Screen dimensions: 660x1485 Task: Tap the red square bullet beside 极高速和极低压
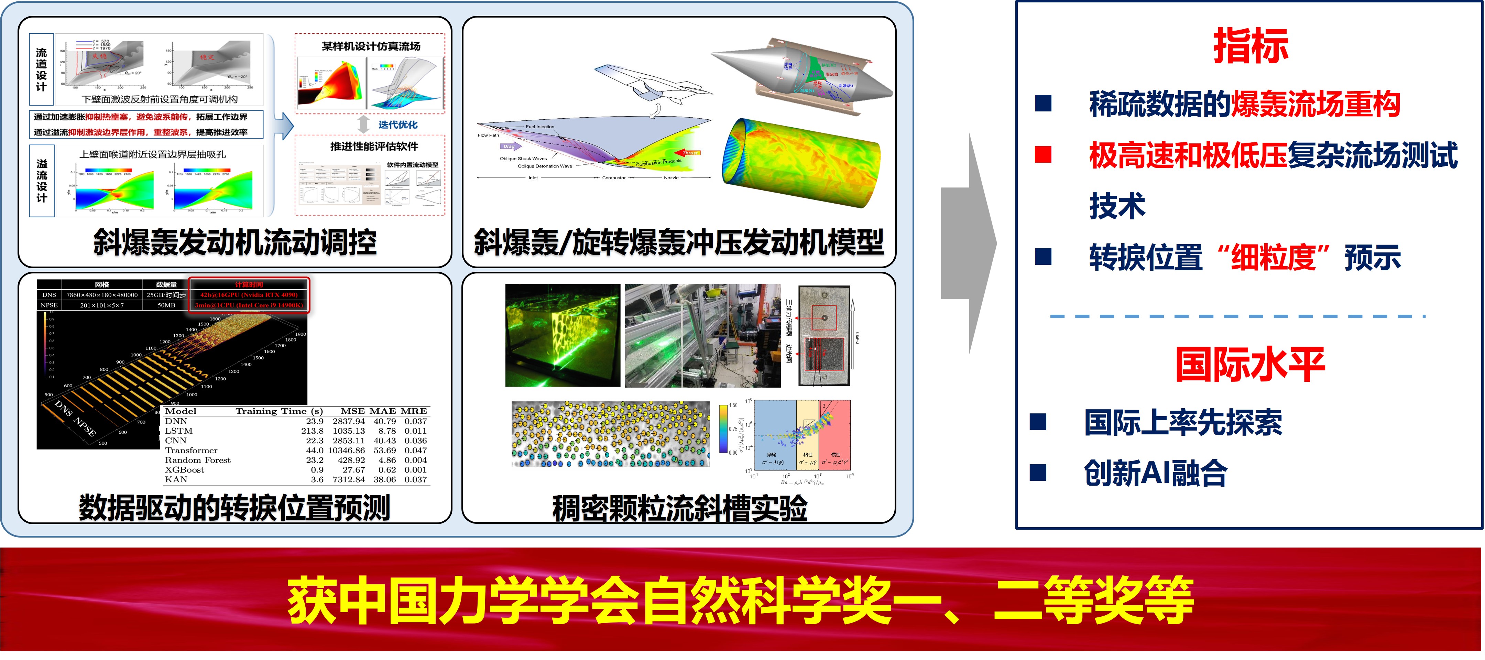click(x=1043, y=154)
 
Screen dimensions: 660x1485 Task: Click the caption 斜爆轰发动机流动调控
click(x=235, y=242)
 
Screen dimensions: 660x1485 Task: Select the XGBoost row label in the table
click(x=185, y=470)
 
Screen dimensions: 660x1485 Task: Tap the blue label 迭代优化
click(x=398, y=125)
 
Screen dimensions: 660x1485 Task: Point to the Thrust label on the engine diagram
click(x=691, y=153)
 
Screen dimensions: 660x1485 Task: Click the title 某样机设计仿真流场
click(x=371, y=46)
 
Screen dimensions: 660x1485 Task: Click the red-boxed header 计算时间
click(x=249, y=284)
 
